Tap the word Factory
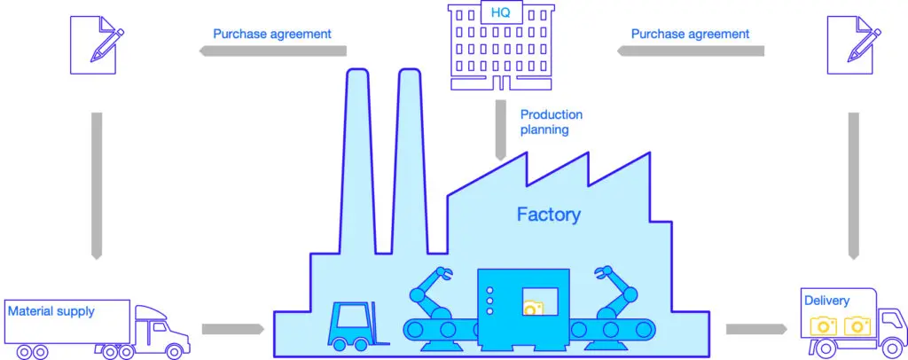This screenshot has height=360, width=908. click(549, 214)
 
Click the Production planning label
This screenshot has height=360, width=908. click(551, 122)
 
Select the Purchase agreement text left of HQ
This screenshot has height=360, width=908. click(272, 35)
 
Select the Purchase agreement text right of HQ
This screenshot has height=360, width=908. click(690, 35)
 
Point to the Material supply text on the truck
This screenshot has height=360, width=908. click(51, 311)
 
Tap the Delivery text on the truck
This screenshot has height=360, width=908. click(826, 301)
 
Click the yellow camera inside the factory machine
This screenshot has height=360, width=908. click(533, 308)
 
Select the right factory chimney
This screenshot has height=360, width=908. click(411, 160)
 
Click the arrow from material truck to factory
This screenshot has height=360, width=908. click(232, 330)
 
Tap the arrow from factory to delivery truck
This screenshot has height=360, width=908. click(755, 330)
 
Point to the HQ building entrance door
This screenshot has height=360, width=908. click(501, 82)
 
